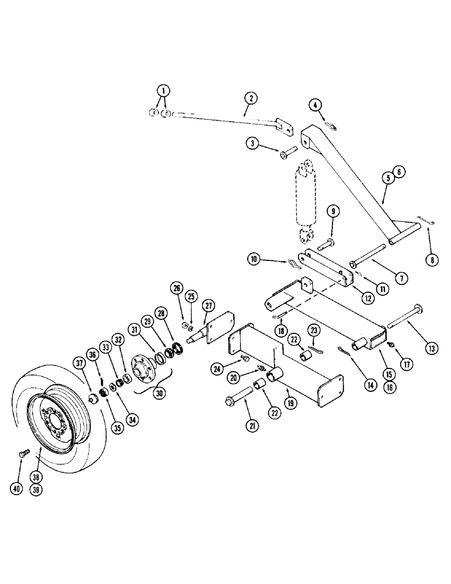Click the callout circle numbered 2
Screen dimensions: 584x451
point(249,99)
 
